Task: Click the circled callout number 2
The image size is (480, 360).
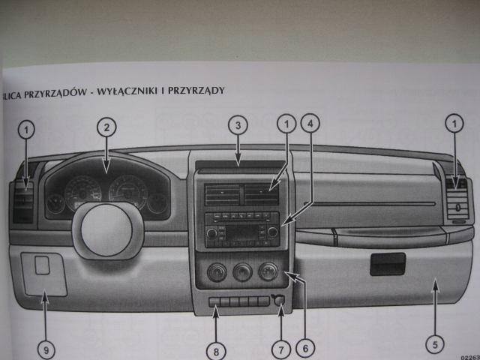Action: coord(107,127)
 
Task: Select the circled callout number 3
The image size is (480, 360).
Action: coord(237,124)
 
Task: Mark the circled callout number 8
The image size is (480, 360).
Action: coord(216,349)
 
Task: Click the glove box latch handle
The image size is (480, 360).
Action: coord(387,263)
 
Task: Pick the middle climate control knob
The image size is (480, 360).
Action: coord(241,271)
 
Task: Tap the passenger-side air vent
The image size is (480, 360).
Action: coord(455,199)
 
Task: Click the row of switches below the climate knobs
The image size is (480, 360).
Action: coord(238,301)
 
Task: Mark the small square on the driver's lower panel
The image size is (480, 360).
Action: coord(43,264)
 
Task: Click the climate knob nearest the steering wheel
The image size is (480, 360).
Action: coord(216,271)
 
